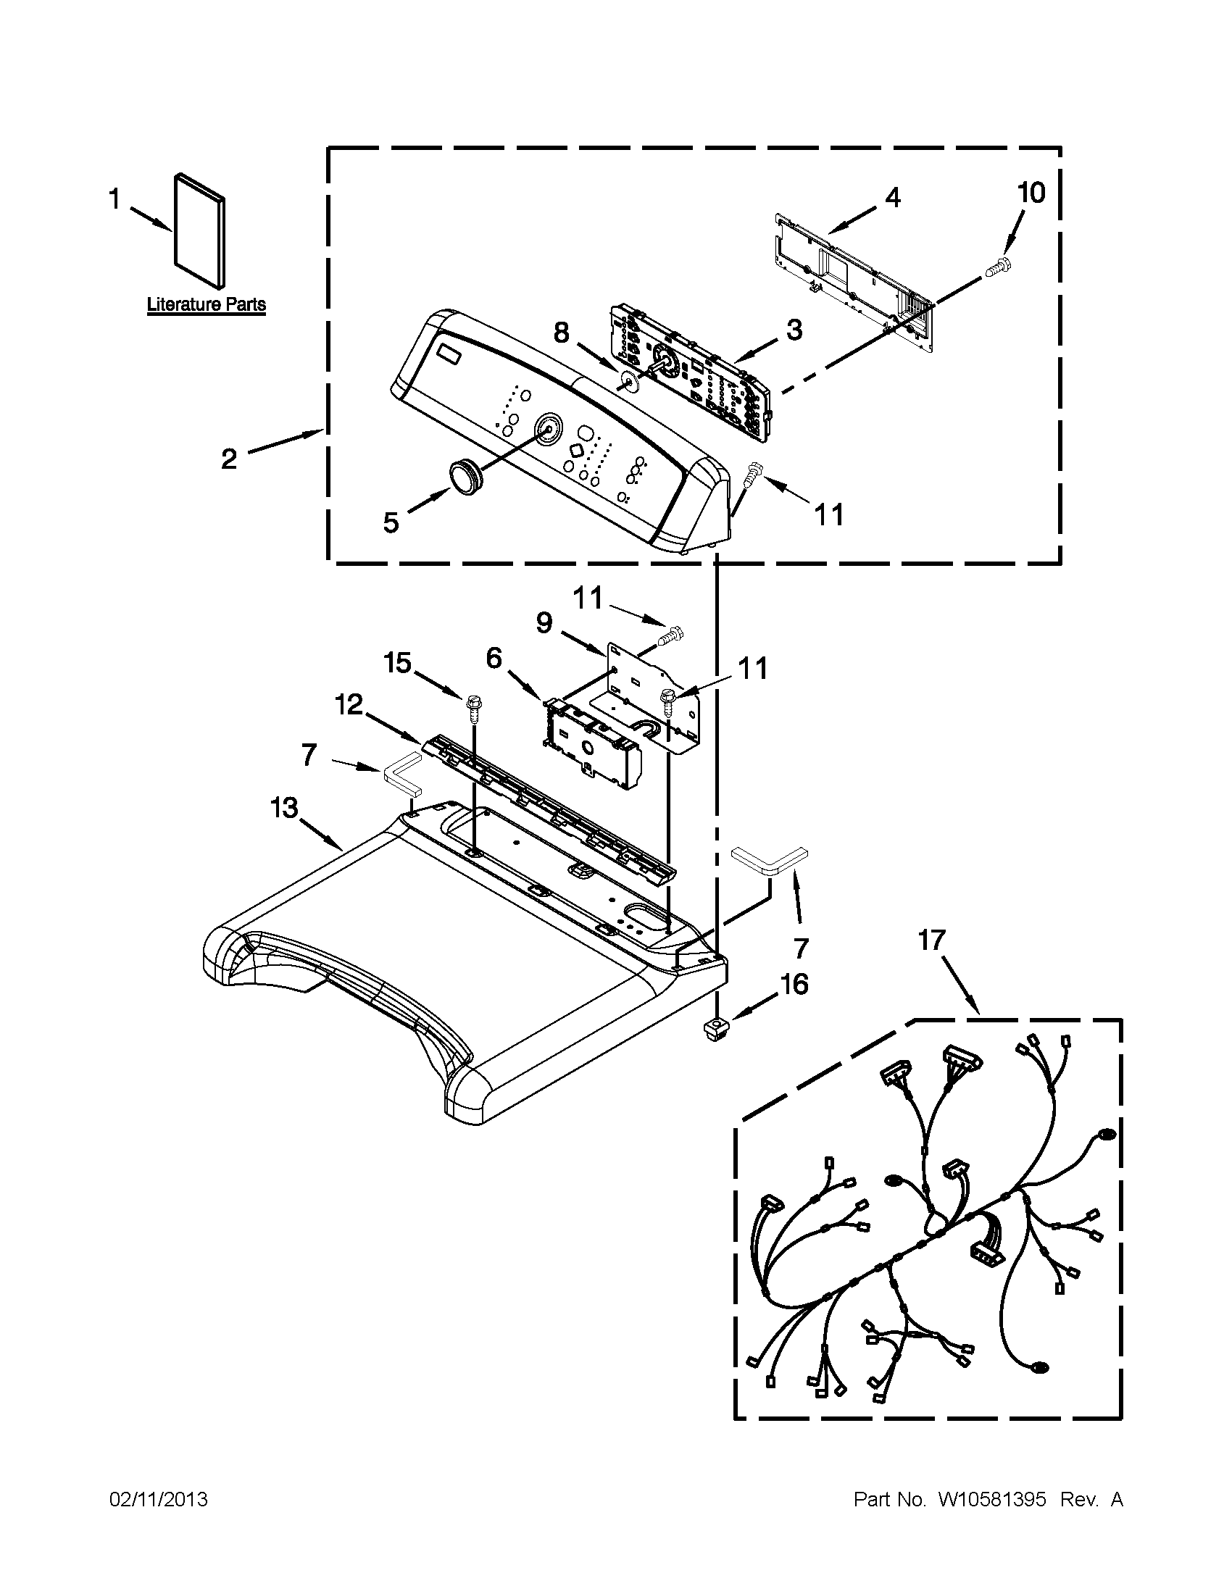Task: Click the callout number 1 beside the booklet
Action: click(x=114, y=198)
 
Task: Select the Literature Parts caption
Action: click(x=207, y=304)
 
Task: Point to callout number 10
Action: click(x=1031, y=193)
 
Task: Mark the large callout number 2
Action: click(x=229, y=459)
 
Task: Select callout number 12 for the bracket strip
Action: click(x=349, y=705)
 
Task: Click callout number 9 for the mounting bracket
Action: click(x=544, y=622)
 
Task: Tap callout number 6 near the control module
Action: click(x=494, y=659)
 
